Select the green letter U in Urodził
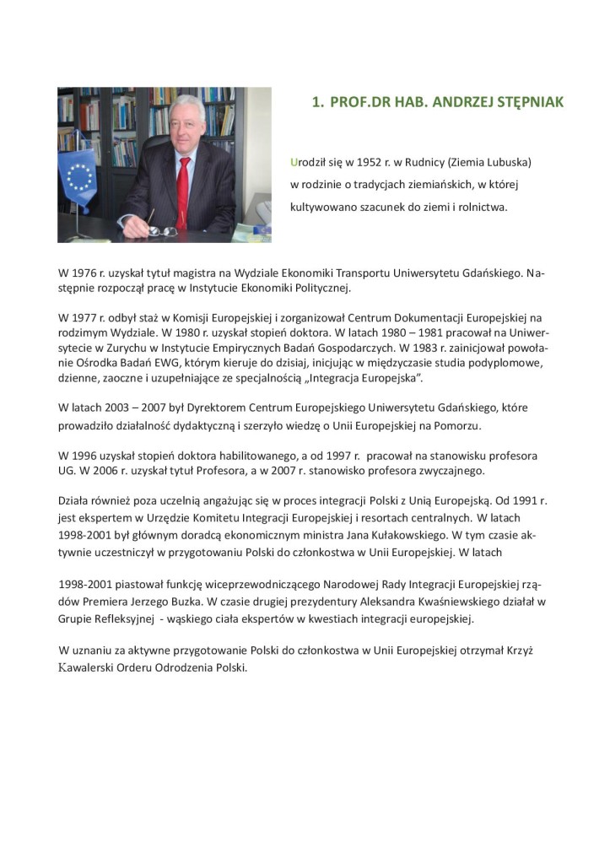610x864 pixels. (x=294, y=161)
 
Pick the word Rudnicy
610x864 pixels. (x=435, y=161)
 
